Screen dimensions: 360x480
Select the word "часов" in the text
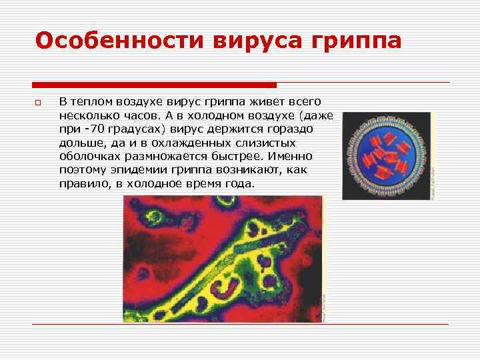point(137,115)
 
